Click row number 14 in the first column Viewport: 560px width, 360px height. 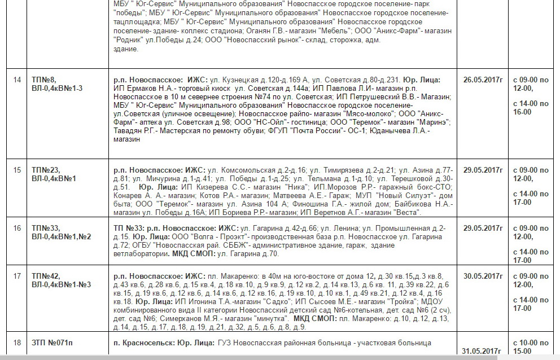click(17, 80)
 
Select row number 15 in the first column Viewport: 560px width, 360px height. click(17, 170)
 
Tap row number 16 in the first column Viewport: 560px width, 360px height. click(17, 228)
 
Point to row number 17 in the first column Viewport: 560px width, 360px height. click(17, 276)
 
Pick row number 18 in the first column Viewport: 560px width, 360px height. click(17, 343)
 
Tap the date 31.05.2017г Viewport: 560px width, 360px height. click(482, 351)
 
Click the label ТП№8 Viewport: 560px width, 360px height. click(44, 80)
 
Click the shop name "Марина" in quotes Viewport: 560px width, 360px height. click(433, 122)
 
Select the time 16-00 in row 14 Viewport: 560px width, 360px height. click(522, 112)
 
